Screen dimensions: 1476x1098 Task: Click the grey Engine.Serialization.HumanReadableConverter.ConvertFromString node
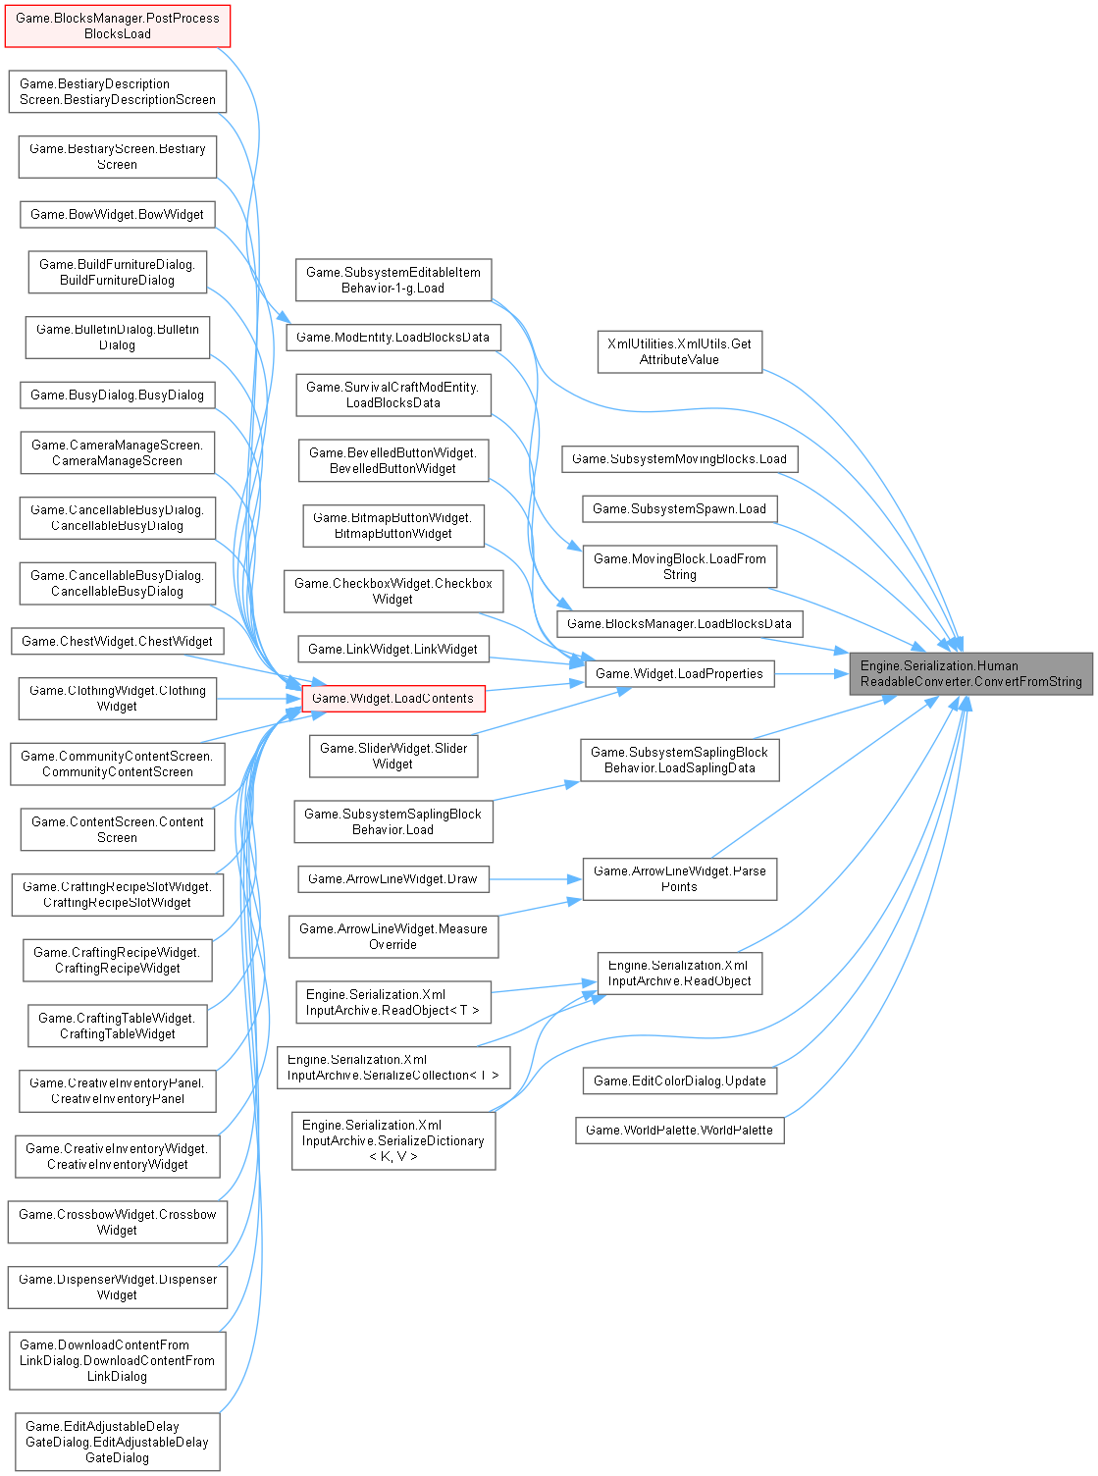click(x=970, y=673)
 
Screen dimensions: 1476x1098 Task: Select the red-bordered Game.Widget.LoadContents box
click(x=392, y=699)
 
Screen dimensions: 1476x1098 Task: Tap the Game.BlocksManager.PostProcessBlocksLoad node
click(x=118, y=26)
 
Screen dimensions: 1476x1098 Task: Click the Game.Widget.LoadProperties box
click(x=679, y=673)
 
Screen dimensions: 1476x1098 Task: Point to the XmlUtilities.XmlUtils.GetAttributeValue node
click(x=679, y=351)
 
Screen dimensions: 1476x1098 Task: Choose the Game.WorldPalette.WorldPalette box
click(x=679, y=1130)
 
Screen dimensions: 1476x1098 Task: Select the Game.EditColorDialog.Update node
click(x=679, y=1081)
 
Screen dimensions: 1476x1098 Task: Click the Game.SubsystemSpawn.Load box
click(x=679, y=508)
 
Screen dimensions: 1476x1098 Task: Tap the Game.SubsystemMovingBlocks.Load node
click(x=679, y=458)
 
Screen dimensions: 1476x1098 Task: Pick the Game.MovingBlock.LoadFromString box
click(x=679, y=566)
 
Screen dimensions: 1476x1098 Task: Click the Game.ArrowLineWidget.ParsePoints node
click(x=679, y=878)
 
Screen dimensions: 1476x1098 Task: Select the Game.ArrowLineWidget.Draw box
click(x=392, y=878)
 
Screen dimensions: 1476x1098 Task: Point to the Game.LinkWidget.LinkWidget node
click(x=392, y=649)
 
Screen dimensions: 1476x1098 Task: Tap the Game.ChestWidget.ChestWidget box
click(x=118, y=641)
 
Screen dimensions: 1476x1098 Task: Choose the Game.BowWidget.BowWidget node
click(x=118, y=214)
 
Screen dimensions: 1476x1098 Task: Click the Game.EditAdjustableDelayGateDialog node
click(x=118, y=1442)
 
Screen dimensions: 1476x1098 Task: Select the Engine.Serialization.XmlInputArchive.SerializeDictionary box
click(x=392, y=1140)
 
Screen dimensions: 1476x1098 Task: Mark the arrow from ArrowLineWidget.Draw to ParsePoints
click(x=535, y=879)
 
